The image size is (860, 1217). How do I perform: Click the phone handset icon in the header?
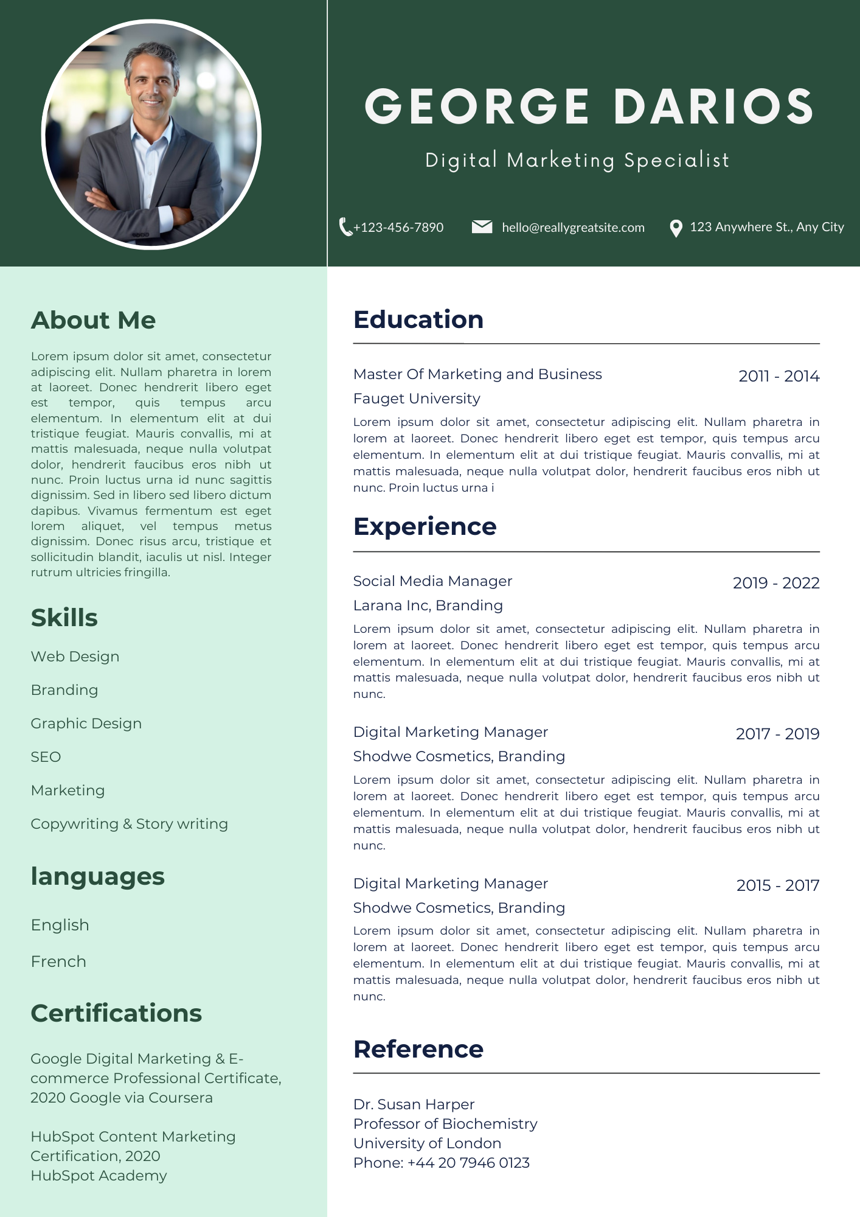pos(345,227)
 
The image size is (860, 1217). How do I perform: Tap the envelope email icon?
pos(482,227)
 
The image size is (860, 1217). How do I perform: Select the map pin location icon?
pos(675,228)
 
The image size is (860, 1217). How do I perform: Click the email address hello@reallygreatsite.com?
pos(573,228)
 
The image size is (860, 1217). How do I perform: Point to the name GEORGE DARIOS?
pos(589,106)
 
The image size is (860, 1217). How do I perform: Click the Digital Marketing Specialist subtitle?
pos(577,160)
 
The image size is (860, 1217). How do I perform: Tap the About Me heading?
pos(93,320)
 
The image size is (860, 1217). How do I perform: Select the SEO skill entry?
pos(46,757)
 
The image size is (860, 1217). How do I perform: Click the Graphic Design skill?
pos(86,724)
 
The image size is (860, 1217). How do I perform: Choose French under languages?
pos(58,961)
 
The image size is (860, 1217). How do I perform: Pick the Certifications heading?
pos(116,1013)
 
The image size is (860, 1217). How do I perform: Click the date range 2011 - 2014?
pos(779,376)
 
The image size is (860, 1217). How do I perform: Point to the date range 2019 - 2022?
pos(776,583)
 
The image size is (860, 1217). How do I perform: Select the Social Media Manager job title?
pos(432,581)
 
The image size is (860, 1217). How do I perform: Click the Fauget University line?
pos(417,399)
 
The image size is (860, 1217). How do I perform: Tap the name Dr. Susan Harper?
pos(414,1104)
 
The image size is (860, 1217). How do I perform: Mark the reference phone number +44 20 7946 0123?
pos(468,1163)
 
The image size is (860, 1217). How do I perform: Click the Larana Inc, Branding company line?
pos(428,605)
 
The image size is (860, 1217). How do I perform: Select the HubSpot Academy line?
pos(99,1176)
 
